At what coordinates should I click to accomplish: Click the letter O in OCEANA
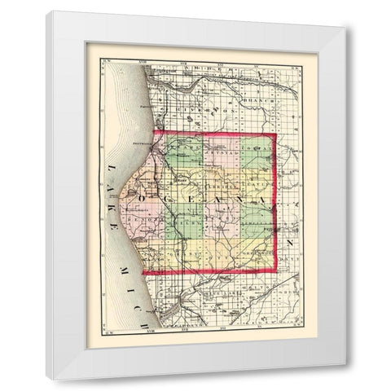tap(144, 197)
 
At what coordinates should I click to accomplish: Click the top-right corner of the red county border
tap(275, 133)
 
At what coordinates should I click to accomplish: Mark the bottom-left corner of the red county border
tap(143, 272)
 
